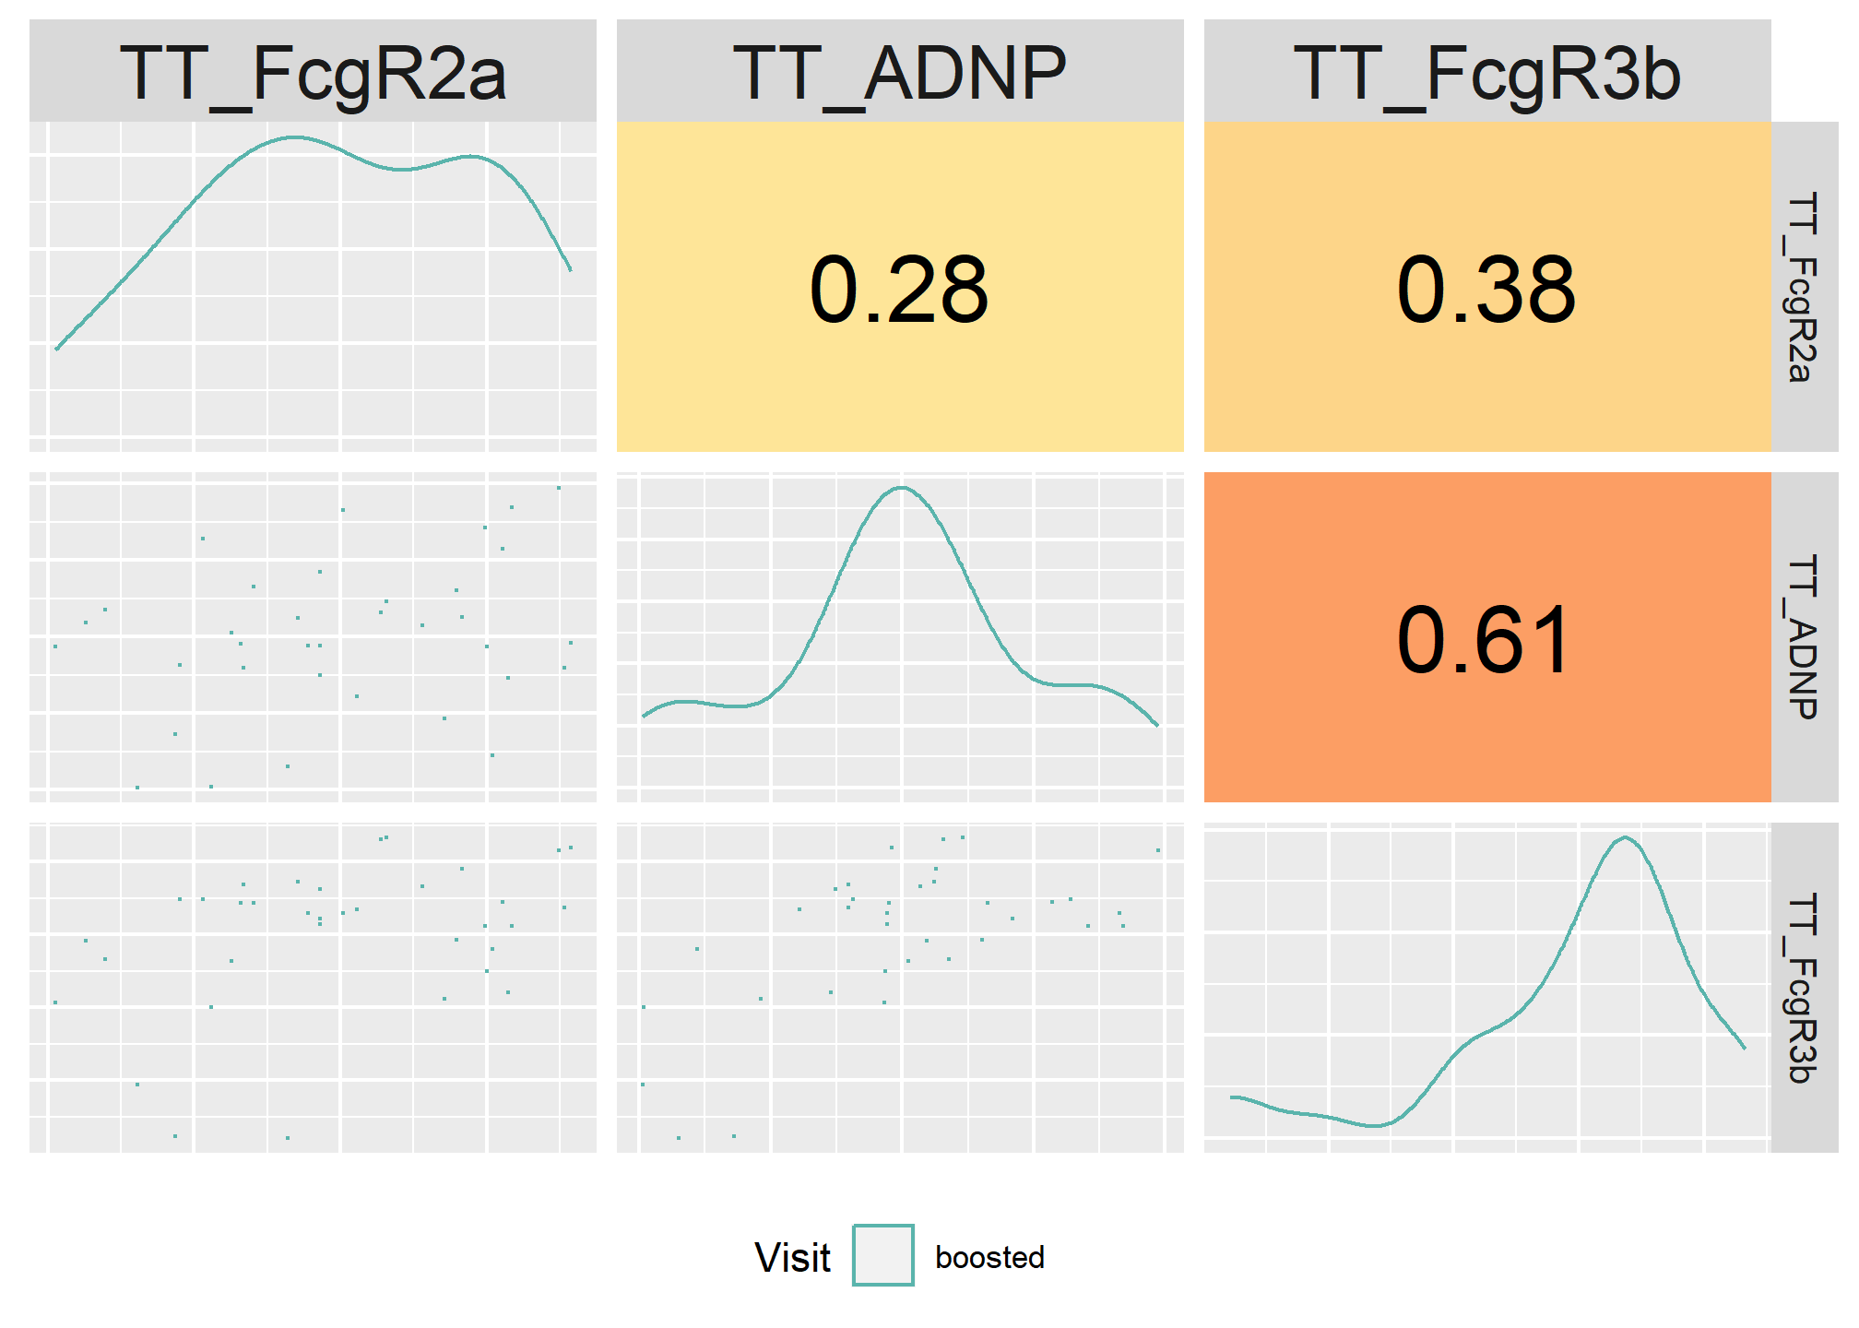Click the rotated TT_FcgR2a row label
[1804, 287]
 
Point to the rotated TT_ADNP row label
[1804, 637]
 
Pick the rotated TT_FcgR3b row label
[1804, 988]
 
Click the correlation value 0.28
[899, 290]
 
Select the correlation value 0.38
[1486, 290]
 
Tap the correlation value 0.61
[1484, 641]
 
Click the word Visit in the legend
[792, 1257]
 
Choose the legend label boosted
[989, 1257]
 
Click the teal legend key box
[883, 1255]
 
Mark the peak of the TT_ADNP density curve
[902, 488]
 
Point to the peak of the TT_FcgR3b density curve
[1625, 837]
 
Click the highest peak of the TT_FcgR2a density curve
[293, 137]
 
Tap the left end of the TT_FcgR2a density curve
[56, 350]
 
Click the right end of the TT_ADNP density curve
[1158, 726]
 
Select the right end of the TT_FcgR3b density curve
[1745, 1048]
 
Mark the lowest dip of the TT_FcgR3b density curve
[1374, 1126]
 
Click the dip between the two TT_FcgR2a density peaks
[401, 170]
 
